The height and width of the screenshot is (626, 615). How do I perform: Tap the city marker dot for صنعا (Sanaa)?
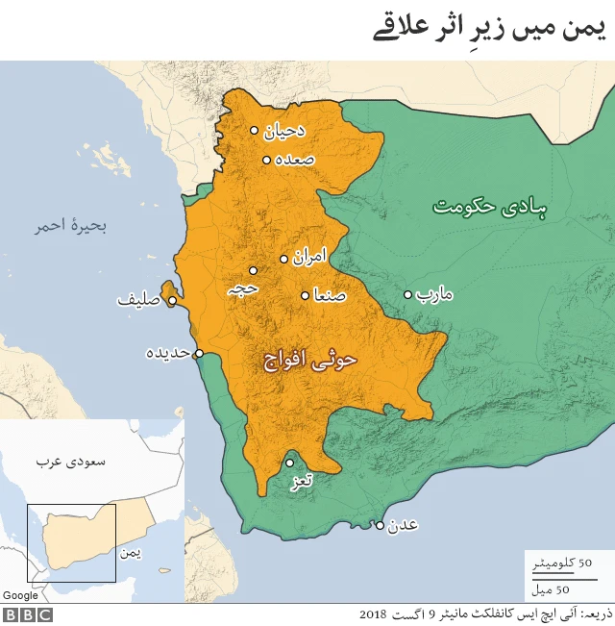(306, 296)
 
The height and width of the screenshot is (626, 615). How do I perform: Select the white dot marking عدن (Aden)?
(381, 525)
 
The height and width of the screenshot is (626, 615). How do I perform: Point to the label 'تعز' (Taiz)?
(302, 480)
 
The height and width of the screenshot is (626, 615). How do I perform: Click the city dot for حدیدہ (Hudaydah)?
(199, 354)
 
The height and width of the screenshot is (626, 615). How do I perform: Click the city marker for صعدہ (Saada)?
(266, 160)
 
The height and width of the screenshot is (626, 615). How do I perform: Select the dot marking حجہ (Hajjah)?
(254, 270)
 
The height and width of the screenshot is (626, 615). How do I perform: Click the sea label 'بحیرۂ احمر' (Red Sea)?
(70, 227)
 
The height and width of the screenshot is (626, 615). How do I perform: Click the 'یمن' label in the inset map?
(130, 553)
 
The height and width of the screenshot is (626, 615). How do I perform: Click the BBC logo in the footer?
(27, 614)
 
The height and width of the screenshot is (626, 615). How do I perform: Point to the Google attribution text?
(20, 595)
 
